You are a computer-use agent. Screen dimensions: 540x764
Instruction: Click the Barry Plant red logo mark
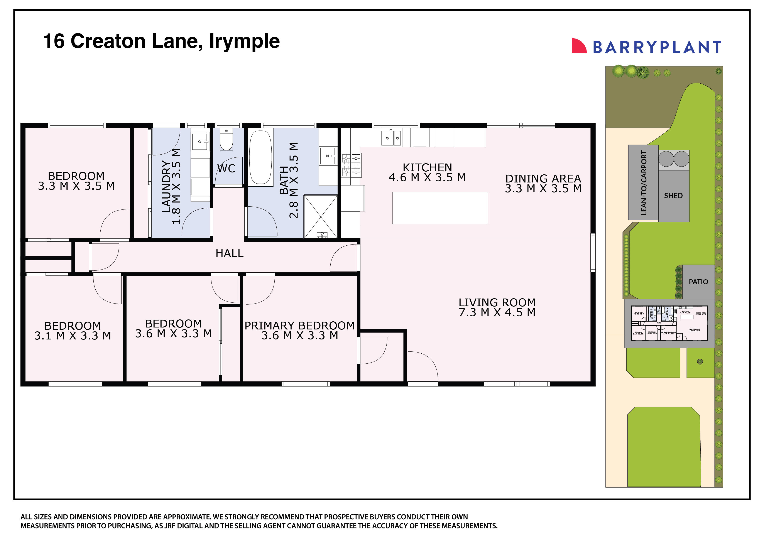click(x=579, y=46)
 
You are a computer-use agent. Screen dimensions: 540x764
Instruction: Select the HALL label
click(x=229, y=253)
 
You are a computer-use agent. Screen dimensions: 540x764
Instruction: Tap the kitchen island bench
click(x=440, y=208)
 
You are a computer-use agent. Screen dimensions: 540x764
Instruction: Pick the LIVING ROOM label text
click(x=497, y=302)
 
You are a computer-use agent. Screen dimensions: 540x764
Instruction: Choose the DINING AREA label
click(x=543, y=179)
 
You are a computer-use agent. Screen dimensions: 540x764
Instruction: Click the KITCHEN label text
click(x=427, y=167)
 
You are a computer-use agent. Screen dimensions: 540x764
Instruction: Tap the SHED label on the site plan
click(x=673, y=196)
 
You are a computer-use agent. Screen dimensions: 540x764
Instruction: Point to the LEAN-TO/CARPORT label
click(x=644, y=183)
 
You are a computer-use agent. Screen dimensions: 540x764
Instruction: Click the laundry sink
click(x=200, y=142)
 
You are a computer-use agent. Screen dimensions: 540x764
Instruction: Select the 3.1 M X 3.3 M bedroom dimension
click(x=73, y=336)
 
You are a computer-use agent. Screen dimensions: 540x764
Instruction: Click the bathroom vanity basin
click(x=328, y=156)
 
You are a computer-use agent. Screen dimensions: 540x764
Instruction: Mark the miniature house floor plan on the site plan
click(x=669, y=323)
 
